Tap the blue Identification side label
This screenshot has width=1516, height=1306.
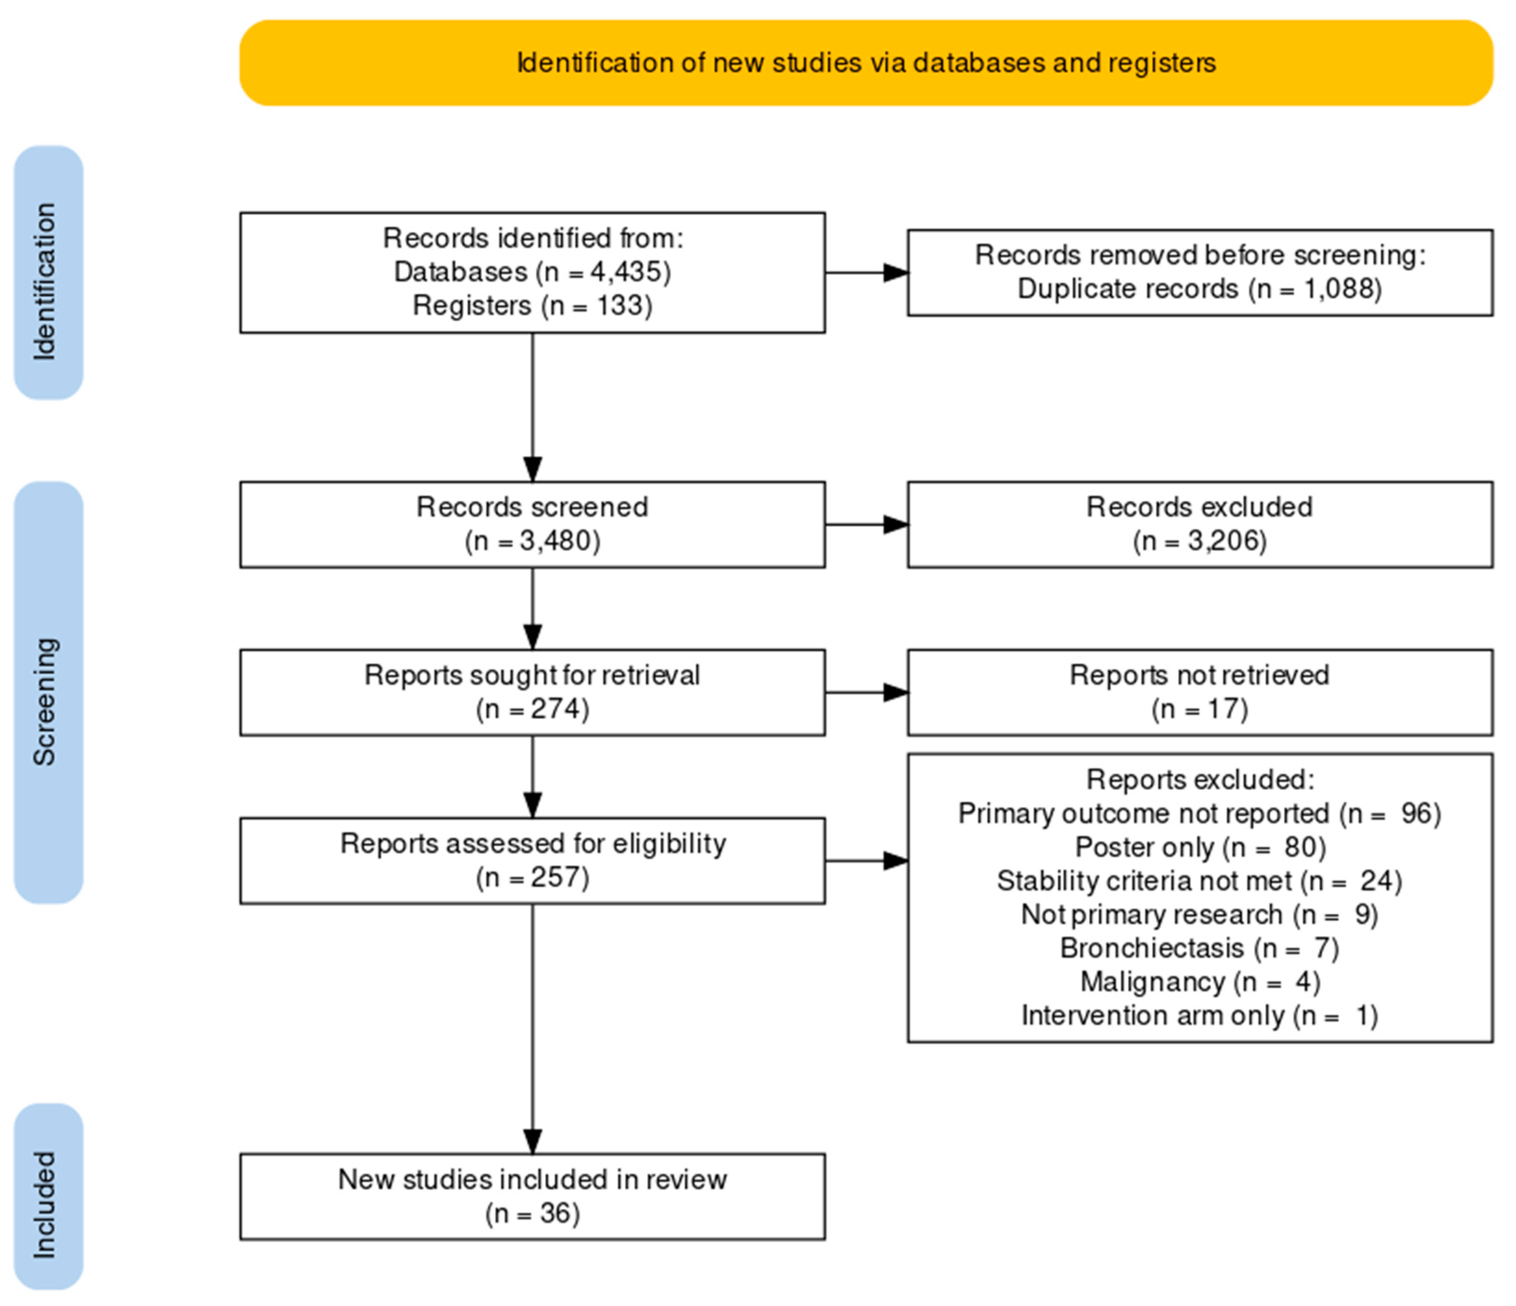(48, 273)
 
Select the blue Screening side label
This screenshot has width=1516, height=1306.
(48, 692)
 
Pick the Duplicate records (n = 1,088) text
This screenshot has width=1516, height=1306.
(1200, 289)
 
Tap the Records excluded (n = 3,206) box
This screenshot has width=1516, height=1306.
(1200, 524)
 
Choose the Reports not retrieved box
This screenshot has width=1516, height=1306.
(1200, 692)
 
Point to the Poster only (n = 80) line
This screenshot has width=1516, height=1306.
(1200, 847)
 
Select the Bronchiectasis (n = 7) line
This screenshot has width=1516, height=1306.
(1200, 948)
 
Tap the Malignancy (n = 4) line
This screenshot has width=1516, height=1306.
(1200, 982)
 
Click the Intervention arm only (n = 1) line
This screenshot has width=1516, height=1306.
(1200, 1015)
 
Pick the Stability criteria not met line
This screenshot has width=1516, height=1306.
(1200, 881)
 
